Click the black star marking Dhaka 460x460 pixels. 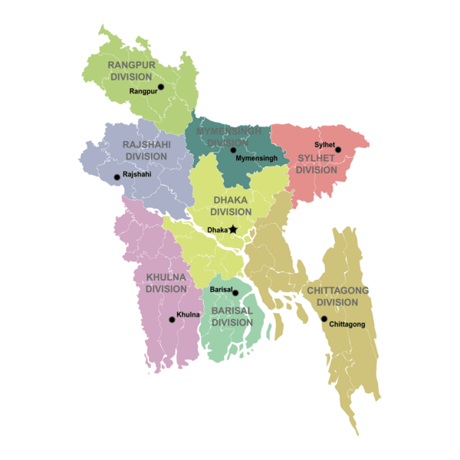coord(233,229)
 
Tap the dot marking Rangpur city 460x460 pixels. coord(161,87)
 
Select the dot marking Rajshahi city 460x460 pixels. coord(117,177)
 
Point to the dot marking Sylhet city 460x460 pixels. coord(338,149)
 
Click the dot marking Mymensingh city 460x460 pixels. coord(233,149)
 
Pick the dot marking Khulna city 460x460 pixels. coord(172,320)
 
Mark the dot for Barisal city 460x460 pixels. coord(235,293)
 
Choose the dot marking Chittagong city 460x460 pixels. coord(324,319)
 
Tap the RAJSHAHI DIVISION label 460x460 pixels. coord(146,150)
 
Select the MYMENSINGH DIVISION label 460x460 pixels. coord(229,136)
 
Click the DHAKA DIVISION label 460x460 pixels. coord(232,205)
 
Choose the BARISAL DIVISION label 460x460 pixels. coord(232,316)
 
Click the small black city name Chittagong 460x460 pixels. coord(347,325)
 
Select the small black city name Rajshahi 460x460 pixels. coord(137,175)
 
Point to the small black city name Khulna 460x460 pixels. coord(189,315)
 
